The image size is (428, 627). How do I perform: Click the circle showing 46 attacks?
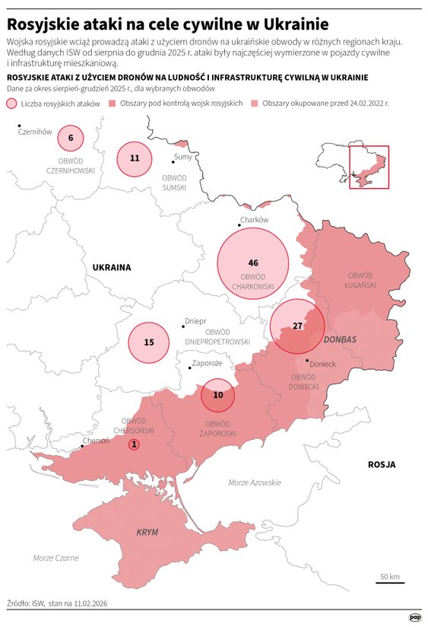coord(253,263)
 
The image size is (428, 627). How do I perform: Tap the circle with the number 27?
coord(297,326)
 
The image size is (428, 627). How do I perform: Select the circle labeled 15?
coord(149,342)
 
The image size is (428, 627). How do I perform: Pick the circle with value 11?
coord(135,159)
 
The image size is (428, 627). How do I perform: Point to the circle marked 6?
coord(71,138)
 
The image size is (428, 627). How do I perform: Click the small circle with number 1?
coord(134,444)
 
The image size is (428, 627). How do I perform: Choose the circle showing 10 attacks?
coord(218,395)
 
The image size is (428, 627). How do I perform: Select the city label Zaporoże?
coord(207,364)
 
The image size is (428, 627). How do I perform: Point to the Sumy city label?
coord(182,157)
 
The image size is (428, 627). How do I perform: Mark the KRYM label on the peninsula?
coord(147,533)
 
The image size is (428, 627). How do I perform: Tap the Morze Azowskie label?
coord(255,482)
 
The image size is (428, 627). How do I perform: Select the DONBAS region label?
coord(339,339)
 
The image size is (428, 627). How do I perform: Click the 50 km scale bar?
coord(390,583)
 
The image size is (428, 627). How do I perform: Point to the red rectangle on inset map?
coord(369,167)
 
